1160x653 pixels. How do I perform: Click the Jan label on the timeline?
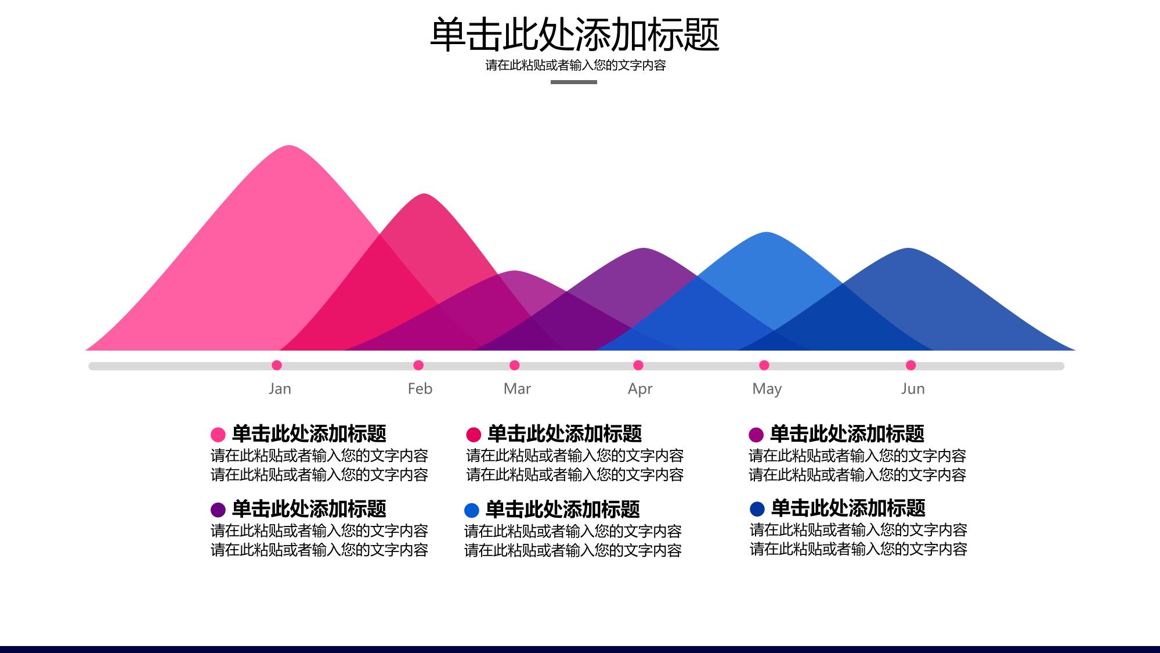click(280, 389)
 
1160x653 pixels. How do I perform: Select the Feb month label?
click(420, 389)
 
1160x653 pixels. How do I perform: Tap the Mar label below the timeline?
click(517, 389)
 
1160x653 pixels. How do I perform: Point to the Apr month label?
click(640, 389)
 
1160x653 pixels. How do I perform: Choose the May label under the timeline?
click(767, 389)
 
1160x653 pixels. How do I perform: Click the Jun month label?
click(913, 389)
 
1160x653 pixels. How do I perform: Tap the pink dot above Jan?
click(277, 365)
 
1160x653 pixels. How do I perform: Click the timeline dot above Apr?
click(638, 365)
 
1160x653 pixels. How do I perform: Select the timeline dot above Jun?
click(911, 365)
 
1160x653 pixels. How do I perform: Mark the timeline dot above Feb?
click(418, 365)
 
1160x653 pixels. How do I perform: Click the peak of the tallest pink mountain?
click(290, 146)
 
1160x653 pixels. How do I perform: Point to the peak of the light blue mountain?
click(767, 233)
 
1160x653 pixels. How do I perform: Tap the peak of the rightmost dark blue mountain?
click(908, 248)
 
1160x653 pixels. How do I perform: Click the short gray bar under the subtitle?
click(574, 82)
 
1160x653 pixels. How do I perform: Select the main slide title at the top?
click(574, 34)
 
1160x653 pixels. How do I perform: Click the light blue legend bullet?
click(472, 510)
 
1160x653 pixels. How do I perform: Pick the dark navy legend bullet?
click(757, 509)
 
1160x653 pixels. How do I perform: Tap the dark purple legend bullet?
click(218, 510)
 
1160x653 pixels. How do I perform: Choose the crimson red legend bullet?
click(474, 435)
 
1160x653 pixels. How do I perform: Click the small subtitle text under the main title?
click(576, 66)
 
